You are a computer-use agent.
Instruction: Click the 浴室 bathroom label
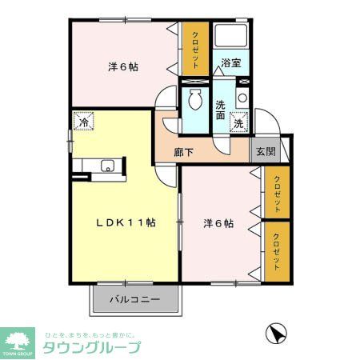230,62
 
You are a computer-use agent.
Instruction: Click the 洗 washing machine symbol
238,124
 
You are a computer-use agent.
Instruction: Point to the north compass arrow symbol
275,332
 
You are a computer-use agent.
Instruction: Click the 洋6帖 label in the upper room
123,67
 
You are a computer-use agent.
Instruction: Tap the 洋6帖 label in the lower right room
218,223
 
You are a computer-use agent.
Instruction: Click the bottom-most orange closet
275,250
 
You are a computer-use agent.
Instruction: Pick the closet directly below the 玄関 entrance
275,192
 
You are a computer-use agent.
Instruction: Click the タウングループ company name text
91,347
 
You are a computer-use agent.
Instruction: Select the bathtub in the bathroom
231,37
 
